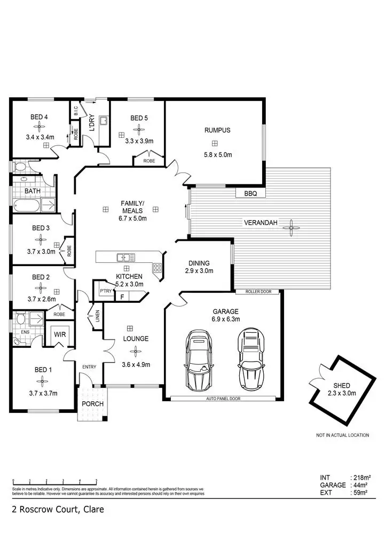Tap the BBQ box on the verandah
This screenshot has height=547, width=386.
point(250,194)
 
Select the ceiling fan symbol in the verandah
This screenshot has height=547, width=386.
point(291,228)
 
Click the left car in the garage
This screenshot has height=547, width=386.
point(198,360)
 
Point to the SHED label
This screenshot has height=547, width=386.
point(342,385)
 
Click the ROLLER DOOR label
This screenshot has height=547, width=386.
point(258,292)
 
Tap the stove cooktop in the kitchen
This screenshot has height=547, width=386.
point(157,269)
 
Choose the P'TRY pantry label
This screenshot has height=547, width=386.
point(105,291)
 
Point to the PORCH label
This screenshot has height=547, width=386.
point(92,404)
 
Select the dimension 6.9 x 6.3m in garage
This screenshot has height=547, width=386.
point(225,319)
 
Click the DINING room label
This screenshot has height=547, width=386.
point(199,263)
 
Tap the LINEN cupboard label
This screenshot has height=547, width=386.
point(97,317)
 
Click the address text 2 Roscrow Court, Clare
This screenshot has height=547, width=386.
point(58,510)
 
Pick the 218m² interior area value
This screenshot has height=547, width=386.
point(361,477)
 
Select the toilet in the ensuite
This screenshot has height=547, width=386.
point(20,319)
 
